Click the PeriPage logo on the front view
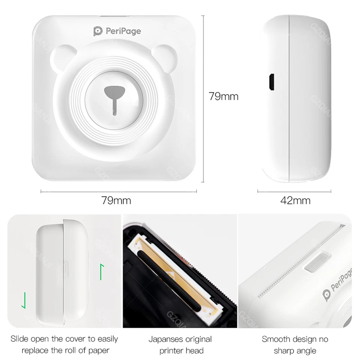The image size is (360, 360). pyautogui.click(x=117, y=31)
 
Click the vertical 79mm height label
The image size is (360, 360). pyautogui.click(x=223, y=96)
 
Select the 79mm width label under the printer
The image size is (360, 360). pyautogui.click(x=116, y=200)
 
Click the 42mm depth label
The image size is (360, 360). pyautogui.click(x=295, y=200)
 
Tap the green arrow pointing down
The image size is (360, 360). pyautogui.click(x=24, y=299)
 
